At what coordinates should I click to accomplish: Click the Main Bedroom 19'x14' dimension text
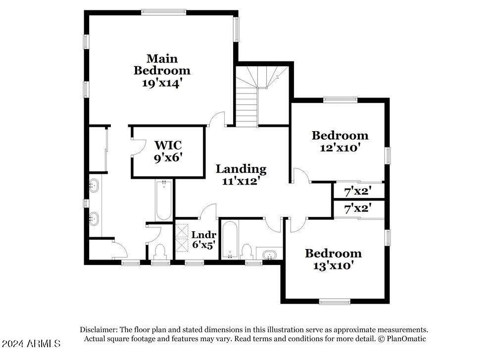(x=162, y=83)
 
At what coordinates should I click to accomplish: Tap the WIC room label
(x=168, y=145)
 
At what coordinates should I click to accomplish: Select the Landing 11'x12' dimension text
(x=241, y=181)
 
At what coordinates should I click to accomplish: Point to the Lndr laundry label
(x=203, y=235)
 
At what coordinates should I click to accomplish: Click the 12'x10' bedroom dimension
(x=340, y=148)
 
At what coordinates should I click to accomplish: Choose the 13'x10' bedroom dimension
(x=333, y=265)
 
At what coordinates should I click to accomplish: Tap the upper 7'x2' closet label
(x=358, y=191)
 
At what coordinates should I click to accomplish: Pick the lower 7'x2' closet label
(x=358, y=208)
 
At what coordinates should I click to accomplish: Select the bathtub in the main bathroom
(x=164, y=200)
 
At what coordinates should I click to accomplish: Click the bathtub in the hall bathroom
(x=230, y=240)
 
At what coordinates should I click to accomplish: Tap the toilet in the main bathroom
(x=160, y=252)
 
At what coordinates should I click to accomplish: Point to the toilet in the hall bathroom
(x=246, y=252)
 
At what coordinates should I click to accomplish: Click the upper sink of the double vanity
(x=94, y=186)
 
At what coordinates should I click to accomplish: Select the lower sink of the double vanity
(x=94, y=219)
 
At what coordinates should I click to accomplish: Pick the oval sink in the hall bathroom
(x=269, y=255)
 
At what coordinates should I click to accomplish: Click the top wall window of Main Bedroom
(x=163, y=12)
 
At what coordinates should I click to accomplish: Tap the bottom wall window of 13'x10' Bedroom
(x=335, y=302)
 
